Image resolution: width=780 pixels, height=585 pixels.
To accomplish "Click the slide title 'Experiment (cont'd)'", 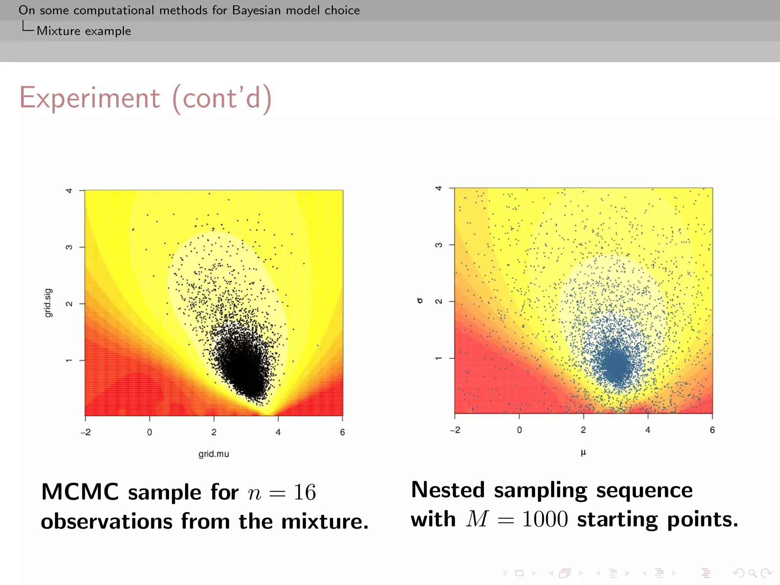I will pos(145,98).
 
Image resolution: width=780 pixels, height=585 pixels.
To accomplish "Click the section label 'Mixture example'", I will pos(84,31).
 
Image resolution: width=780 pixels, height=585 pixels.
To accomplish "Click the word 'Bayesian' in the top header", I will pos(256,10).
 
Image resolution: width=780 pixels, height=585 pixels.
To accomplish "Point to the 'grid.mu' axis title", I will pos(214,454).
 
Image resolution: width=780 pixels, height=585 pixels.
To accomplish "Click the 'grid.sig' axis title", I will pos(48,303).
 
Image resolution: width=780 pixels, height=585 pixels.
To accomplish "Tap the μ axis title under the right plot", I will pos(583,452).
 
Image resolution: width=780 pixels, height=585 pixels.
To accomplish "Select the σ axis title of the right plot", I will pos(420,300).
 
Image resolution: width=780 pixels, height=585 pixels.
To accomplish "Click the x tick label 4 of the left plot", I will pos(278,432).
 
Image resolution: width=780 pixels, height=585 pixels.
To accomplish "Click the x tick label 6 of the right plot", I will pos(712,430).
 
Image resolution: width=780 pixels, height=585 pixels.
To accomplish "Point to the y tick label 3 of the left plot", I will pos(69,247).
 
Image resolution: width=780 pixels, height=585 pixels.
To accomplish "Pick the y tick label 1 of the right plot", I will pos(439,358).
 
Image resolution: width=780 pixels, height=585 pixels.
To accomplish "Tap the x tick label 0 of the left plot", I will pos(150,432).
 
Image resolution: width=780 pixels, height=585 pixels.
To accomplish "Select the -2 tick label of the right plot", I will pos(455,430).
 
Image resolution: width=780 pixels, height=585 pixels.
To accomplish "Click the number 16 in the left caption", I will pos(305,492).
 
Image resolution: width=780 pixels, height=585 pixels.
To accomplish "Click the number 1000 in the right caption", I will pos(545,519).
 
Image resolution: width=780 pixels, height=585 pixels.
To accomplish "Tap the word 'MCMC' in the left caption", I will pos(80,492).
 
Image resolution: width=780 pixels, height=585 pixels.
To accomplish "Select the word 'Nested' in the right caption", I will pos(448,490).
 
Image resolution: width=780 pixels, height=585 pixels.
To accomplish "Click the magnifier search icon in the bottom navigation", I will pos(752,573).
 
